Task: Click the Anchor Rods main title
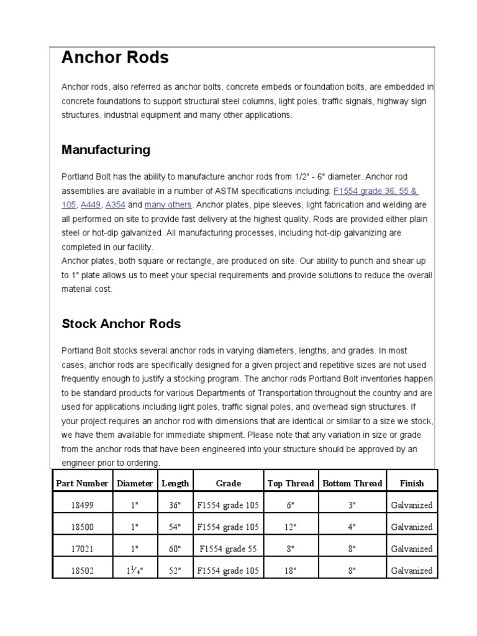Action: point(115,58)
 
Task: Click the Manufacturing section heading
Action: point(106,150)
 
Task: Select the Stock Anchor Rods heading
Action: point(121,324)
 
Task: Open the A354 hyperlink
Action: point(116,204)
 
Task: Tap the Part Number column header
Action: point(82,483)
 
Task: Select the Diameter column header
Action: point(135,483)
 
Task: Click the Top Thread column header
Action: point(290,483)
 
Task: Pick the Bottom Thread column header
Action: point(352,483)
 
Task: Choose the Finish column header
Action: point(412,483)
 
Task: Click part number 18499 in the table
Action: point(82,505)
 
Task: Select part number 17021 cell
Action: point(82,548)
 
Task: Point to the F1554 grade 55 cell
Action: point(228,548)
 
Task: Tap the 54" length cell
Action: point(175,527)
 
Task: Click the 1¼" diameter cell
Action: point(135,570)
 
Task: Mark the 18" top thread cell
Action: point(290,570)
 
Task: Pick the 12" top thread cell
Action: point(290,527)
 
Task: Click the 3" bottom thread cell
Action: point(352,505)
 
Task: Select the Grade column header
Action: point(228,483)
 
